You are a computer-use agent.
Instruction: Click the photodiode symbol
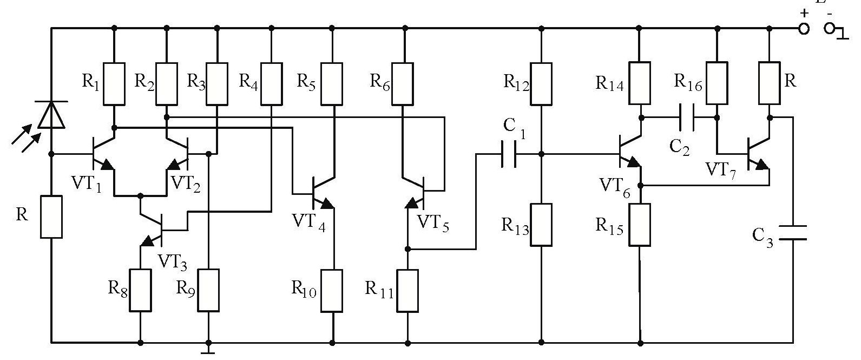click(52, 114)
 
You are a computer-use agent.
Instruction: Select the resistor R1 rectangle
click(114, 83)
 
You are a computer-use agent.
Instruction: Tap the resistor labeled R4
click(271, 83)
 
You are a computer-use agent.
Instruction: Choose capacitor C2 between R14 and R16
click(687, 117)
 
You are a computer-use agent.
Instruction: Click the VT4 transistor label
click(308, 222)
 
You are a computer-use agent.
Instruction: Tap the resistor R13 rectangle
click(541, 225)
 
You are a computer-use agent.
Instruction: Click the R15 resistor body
click(640, 225)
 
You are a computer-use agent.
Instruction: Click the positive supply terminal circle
click(805, 28)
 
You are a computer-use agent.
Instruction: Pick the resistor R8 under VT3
click(140, 290)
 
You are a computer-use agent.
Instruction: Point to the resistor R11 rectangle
click(408, 291)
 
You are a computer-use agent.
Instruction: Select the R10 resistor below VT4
click(332, 291)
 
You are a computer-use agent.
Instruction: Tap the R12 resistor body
click(541, 83)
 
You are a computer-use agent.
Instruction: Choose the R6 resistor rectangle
click(402, 83)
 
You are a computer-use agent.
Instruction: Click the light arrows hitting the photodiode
click(26, 135)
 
